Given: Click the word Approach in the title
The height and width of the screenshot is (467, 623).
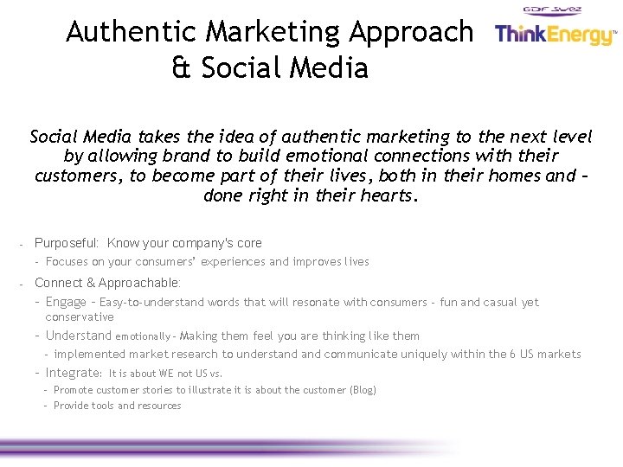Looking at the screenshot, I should pyautogui.click(x=411, y=32).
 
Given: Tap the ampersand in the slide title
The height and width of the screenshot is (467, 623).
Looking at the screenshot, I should pyautogui.click(x=181, y=67).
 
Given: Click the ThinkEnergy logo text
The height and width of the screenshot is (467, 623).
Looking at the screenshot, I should pyautogui.click(x=554, y=35).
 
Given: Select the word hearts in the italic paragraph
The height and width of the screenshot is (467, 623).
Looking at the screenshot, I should pyautogui.click(x=389, y=195).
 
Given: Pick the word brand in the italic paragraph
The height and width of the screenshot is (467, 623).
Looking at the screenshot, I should pyautogui.click(x=188, y=156).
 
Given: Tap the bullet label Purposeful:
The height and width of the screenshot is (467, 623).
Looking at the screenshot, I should pyautogui.click(x=67, y=243).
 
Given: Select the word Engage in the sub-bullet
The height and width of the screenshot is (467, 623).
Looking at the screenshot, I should pyautogui.click(x=66, y=302).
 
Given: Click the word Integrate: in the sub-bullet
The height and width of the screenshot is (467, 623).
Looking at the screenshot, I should pyautogui.click(x=74, y=373).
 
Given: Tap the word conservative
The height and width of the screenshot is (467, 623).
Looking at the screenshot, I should pyautogui.click(x=80, y=317).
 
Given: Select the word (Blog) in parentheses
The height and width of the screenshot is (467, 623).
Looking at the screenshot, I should pyautogui.click(x=363, y=390).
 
